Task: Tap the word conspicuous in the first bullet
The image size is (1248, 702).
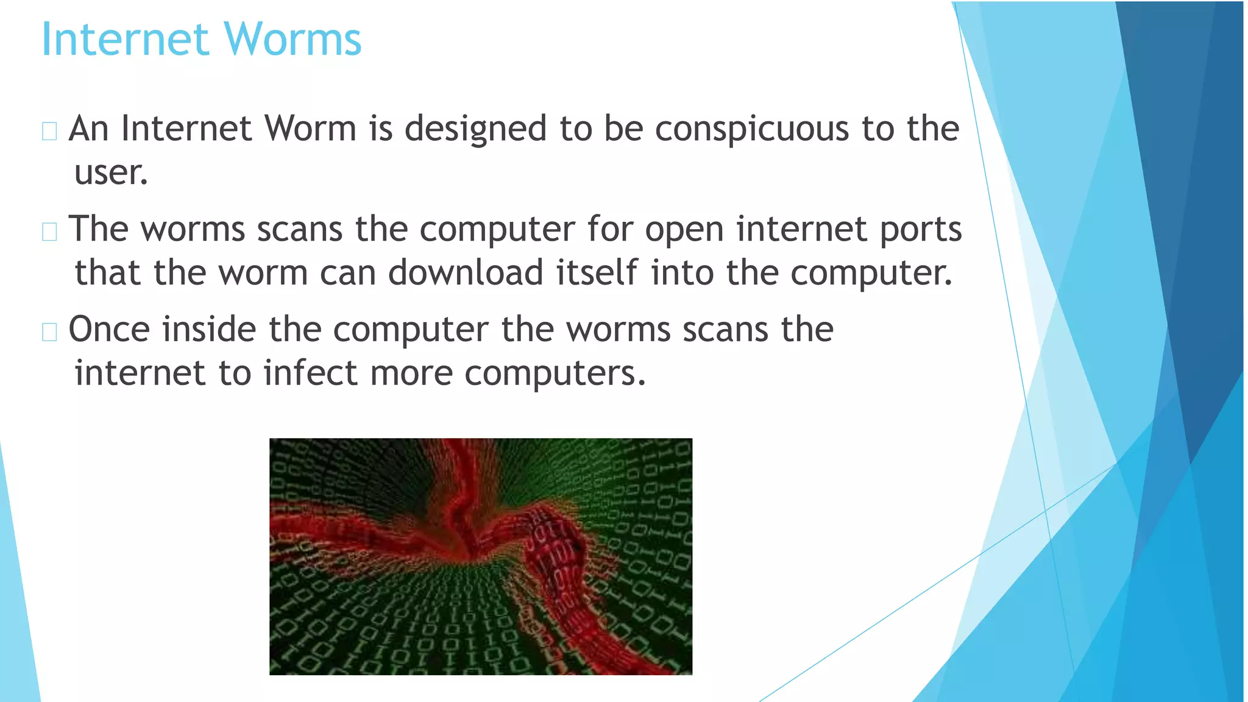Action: coord(751,129)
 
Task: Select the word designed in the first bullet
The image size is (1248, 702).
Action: coord(475,129)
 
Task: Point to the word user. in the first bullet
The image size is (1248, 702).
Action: coord(111,173)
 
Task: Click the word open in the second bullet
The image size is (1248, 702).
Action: coord(684,230)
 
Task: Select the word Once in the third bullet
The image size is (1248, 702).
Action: coord(109,330)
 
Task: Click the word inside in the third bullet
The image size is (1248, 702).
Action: coord(209,330)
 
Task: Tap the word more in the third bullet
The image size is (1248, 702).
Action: coord(411,373)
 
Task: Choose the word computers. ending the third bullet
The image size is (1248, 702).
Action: coord(555,373)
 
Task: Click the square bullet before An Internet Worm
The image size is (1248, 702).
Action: coord(49,131)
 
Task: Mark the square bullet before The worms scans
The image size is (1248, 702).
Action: coord(49,232)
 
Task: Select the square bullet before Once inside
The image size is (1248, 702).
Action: coord(49,332)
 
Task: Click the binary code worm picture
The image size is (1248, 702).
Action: coord(481,556)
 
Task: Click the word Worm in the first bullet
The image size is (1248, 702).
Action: coord(310,129)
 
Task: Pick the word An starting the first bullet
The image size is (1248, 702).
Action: coord(88,129)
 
